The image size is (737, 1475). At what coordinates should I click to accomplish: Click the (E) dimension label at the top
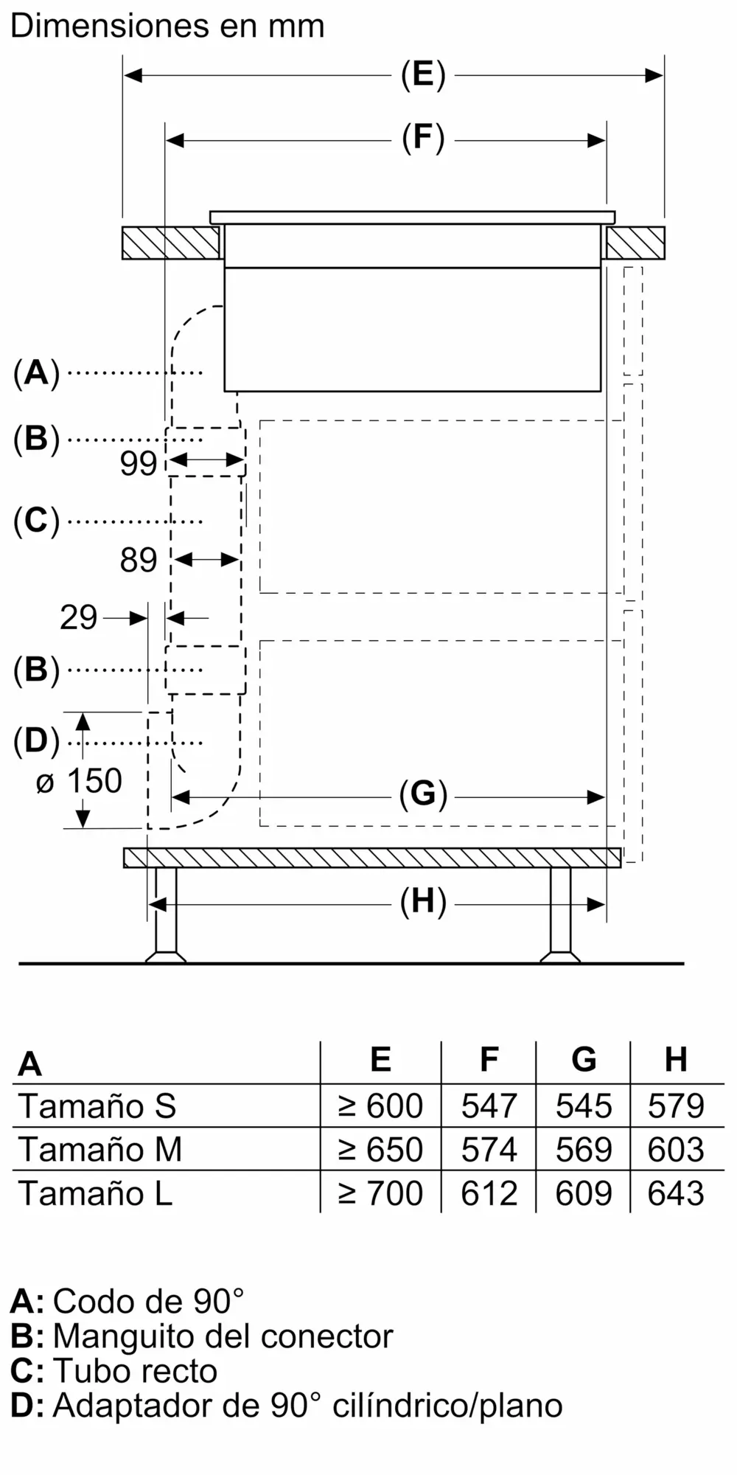[423, 75]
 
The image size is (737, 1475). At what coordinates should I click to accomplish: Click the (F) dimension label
[423, 139]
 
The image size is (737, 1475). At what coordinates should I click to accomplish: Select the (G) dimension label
[423, 795]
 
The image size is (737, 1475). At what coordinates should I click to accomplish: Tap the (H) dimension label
[423, 903]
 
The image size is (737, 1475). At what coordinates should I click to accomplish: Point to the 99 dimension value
[139, 463]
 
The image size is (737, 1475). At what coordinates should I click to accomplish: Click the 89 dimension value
[139, 560]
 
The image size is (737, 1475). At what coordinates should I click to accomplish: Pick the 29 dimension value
[79, 617]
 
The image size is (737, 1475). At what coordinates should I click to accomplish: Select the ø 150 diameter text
[80, 782]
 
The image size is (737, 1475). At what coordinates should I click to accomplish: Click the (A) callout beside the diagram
[36, 373]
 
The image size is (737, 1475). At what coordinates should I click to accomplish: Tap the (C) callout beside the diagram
[36, 521]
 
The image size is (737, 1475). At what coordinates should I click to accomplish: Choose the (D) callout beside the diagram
[36, 742]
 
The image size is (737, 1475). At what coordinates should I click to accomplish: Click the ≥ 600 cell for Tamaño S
[380, 1106]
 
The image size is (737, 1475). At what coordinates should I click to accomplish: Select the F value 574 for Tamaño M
[489, 1150]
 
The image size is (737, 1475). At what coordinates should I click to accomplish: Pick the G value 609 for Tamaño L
[583, 1193]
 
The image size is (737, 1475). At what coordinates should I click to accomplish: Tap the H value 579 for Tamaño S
[676, 1106]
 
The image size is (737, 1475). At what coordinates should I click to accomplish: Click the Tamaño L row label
[96, 1193]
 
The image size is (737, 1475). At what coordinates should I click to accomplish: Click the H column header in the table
[676, 1060]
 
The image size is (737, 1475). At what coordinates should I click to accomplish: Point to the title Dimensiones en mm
[167, 27]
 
